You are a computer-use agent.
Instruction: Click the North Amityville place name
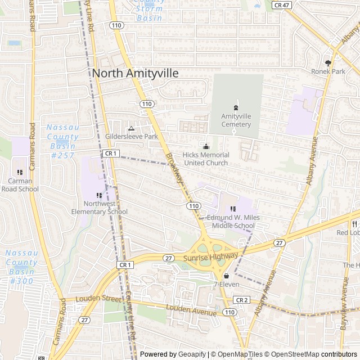(135, 73)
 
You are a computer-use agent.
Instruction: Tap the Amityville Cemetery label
(236, 120)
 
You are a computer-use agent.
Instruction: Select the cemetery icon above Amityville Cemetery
(236, 107)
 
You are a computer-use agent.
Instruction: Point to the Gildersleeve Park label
(132, 137)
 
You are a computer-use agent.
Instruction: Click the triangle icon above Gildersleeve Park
(132, 128)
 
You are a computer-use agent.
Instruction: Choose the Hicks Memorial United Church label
(206, 159)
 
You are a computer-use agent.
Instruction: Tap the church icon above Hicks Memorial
(205, 146)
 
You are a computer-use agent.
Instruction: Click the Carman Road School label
(20, 185)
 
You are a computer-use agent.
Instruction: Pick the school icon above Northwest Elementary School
(100, 195)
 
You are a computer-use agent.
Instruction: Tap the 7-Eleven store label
(226, 285)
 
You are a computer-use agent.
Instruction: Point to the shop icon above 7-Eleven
(226, 276)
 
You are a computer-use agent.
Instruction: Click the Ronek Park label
(328, 71)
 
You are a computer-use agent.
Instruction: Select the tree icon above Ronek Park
(328, 62)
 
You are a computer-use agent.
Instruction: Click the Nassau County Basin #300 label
(22, 267)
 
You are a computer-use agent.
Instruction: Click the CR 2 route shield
(242, 300)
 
